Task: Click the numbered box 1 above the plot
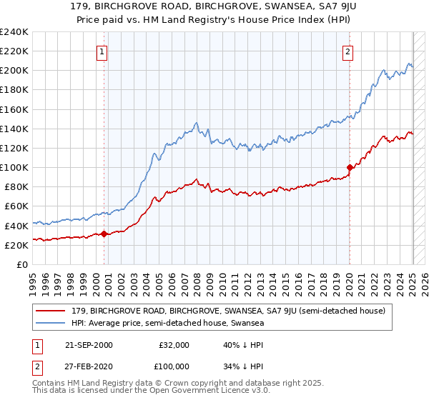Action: point(103,51)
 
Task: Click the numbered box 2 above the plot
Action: point(347,51)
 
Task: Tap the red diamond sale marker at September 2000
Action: point(104,233)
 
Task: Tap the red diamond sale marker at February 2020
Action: point(350,167)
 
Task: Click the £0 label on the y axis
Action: point(23,264)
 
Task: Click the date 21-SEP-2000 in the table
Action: point(89,345)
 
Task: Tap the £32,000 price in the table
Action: point(174,345)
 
